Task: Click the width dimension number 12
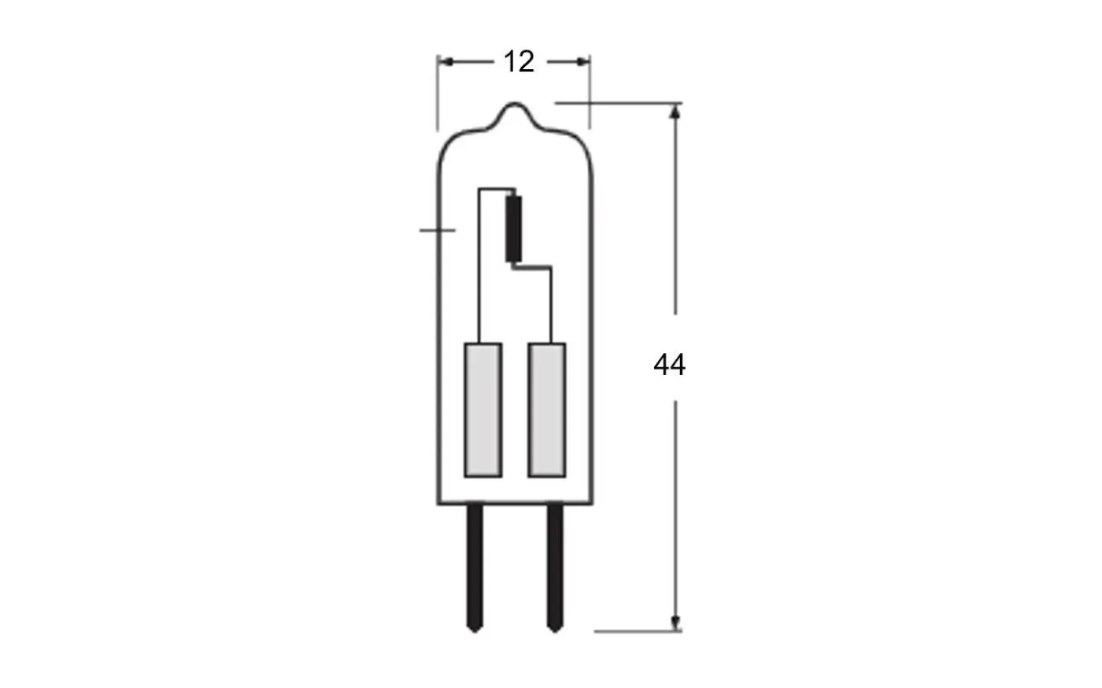tap(518, 61)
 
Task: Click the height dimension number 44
tap(669, 365)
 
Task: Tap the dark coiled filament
tap(514, 228)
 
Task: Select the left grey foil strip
tap(483, 410)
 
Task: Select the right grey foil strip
tap(546, 410)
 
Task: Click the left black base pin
tap(475, 562)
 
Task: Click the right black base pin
tap(555, 562)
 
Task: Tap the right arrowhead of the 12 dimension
tap(583, 61)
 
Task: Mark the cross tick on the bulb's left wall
tap(438, 230)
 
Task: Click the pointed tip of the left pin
tap(475, 629)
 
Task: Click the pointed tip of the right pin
tap(555, 629)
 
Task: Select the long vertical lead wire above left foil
tap(479, 267)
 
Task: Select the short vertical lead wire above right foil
tap(552, 307)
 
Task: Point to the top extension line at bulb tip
tap(618, 103)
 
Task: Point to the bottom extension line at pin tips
tap(638, 631)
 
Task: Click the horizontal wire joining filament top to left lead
tap(496, 189)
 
